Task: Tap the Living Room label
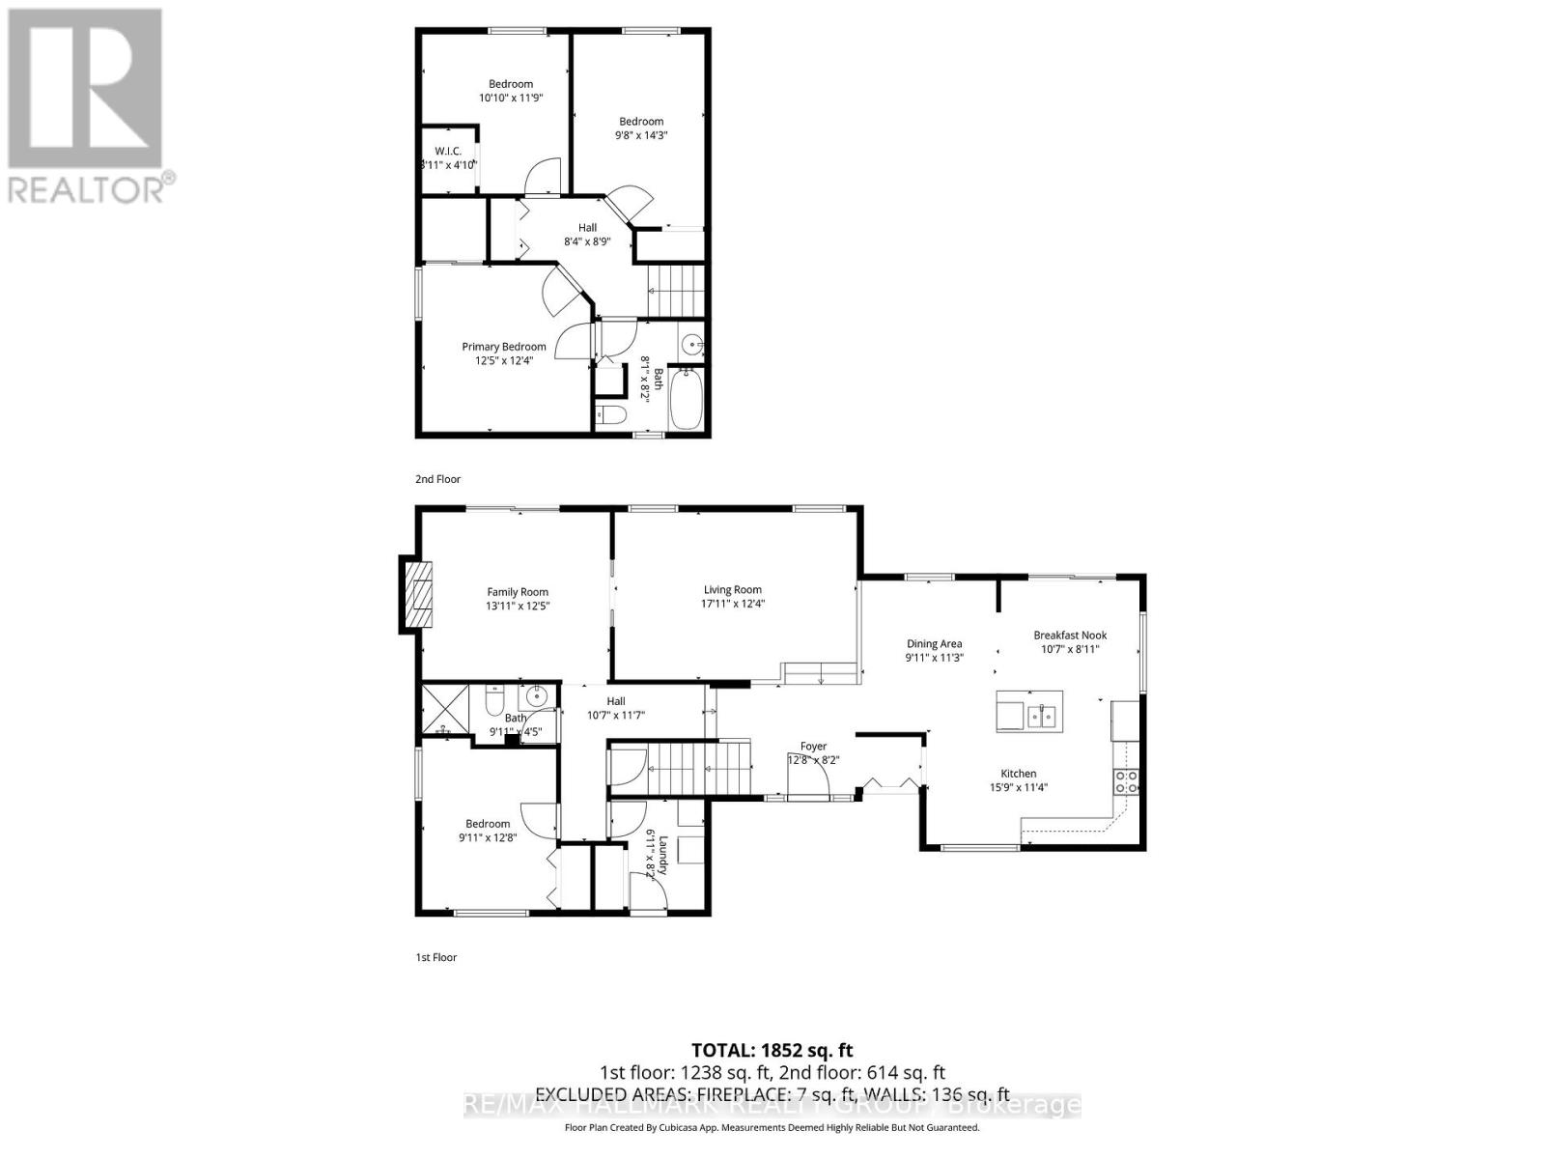click(732, 589)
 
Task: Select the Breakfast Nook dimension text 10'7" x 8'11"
click(1070, 649)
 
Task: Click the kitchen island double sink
click(1042, 716)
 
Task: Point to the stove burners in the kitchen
click(1126, 781)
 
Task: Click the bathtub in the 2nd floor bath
click(688, 400)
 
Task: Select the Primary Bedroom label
click(503, 347)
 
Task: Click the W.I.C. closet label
click(448, 152)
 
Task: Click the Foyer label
click(813, 746)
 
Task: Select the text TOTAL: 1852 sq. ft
click(772, 1050)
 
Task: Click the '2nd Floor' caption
click(437, 479)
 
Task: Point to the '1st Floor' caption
click(435, 957)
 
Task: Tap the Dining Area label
click(934, 643)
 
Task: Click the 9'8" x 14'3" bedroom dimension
click(641, 135)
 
